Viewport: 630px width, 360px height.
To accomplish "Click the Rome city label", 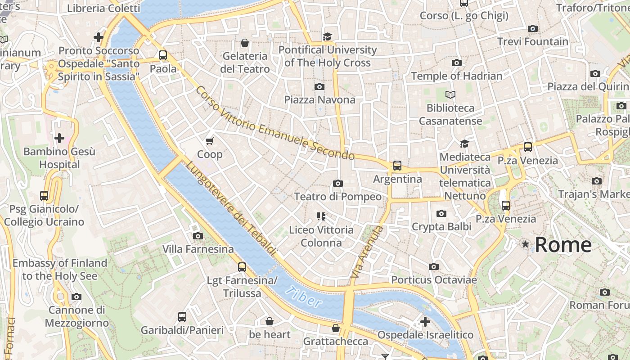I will click(563, 245).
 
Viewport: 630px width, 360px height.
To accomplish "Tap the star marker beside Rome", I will click(525, 244).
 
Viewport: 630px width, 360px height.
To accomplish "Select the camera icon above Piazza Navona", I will click(319, 86).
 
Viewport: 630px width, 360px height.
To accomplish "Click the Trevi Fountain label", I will click(533, 42).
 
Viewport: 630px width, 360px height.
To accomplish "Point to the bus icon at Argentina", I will click(397, 166).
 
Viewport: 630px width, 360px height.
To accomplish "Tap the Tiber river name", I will click(304, 297).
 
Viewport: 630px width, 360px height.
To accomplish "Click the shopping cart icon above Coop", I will click(209, 141).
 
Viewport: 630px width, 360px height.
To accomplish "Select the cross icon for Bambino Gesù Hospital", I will click(59, 138).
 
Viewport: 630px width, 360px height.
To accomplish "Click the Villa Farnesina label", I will click(198, 249).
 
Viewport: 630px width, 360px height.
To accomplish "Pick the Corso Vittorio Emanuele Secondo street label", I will click(274, 123).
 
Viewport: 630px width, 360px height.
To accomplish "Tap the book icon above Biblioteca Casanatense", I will click(450, 94).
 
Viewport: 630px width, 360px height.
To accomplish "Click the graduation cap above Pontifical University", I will click(327, 36).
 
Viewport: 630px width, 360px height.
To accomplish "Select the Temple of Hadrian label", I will click(456, 76).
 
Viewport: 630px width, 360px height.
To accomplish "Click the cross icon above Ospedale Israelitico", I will click(425, 322).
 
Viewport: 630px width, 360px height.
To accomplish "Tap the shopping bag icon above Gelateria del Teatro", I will click(245, 43).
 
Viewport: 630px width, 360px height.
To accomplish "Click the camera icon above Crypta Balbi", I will click(441, 213).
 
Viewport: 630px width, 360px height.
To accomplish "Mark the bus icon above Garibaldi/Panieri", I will click(182, 317).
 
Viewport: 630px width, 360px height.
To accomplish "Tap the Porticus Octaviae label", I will click(434, 280).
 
